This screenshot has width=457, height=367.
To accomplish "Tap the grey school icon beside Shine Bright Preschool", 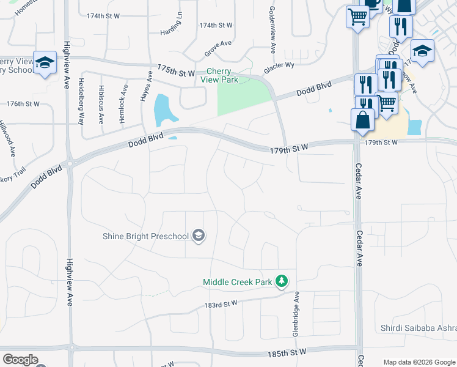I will pyautogui.click(x=198, y=235).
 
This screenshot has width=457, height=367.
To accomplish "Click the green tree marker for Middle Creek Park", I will pyautogui.click(x=281, y=281).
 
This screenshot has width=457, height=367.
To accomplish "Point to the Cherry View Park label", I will pyautogui.click(x=222, y=75).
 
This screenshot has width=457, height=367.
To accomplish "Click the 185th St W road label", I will pyautogui.click(x=287, y=353).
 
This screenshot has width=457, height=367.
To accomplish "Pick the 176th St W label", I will pyautogui.click(x=24, y=104).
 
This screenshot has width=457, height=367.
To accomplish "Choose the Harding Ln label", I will pyautogui.click(x=172, y=25).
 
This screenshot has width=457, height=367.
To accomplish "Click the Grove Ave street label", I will pyautogui.click(x=219, y=43).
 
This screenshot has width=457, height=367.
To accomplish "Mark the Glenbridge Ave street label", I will pyautogui.click(x=296, y=313).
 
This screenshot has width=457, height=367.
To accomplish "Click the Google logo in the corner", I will pyautogui.click(x=20, y=360).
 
